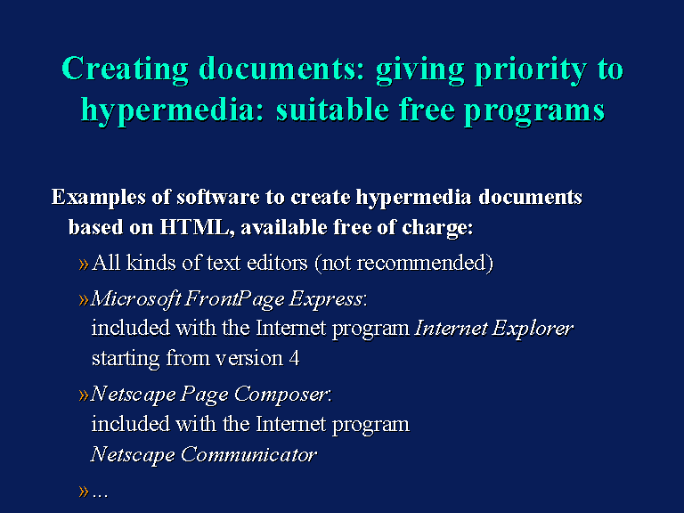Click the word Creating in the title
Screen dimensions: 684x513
point(125,69)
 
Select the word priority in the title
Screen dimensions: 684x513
point(531,69)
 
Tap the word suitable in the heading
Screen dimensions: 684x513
point(332,110)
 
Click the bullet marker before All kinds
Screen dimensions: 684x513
point(84,264)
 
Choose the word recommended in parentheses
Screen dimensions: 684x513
point(425,263)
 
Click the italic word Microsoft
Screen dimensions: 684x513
point(135,299)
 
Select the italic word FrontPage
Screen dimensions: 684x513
point(234,299)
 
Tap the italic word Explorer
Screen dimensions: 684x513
point(533,329)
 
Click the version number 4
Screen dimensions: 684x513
point(294,358)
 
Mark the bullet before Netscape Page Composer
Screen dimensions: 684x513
point(84,395)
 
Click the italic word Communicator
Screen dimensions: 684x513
point(248,454)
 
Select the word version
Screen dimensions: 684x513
point(249,359)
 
